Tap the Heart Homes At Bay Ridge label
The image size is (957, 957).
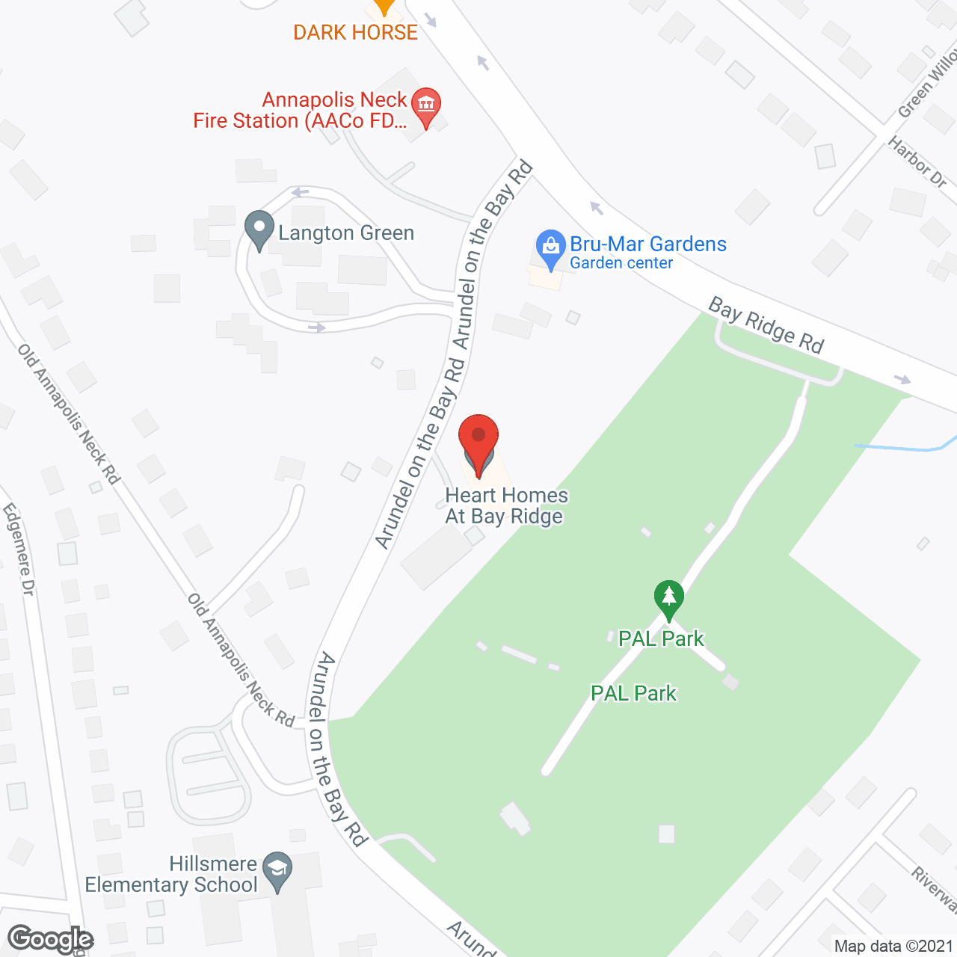[x=506, y=506]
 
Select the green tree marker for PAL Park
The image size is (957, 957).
[x=668, y=598]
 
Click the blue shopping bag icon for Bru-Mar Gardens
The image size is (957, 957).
[x=551, y=247]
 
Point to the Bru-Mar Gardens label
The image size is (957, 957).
[x=648, y=244]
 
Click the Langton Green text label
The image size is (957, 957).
[x=346, y=233]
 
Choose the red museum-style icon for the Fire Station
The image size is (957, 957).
[x=426, y=106]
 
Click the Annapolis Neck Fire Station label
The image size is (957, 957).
[x=301, y=111]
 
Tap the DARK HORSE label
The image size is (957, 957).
[x=355, y=33]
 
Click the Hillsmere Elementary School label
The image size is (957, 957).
[x=172, y=875]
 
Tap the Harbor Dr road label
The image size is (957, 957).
[x=917, y=161]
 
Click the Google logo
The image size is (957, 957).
[x=51, y=939]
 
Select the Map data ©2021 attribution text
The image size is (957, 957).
[x=893, y=947]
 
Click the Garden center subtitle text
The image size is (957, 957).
[x=621, y=263]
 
